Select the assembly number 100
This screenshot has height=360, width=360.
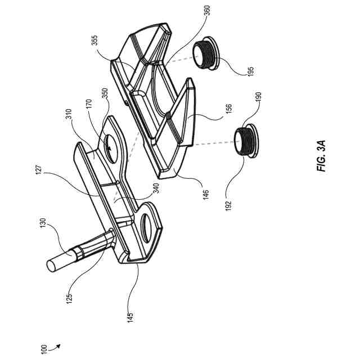point(43,349)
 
